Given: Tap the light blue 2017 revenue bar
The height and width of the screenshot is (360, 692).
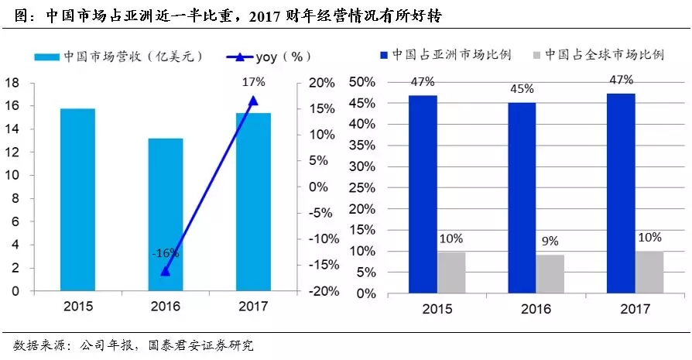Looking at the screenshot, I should coord(253,202).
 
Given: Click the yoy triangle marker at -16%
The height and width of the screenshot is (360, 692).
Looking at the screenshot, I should coord(166,270).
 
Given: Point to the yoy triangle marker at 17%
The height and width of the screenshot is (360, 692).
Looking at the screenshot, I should coord(253,101).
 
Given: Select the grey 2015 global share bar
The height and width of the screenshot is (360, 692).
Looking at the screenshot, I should coord(452,273).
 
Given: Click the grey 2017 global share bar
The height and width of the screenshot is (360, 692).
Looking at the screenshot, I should coord(649,273).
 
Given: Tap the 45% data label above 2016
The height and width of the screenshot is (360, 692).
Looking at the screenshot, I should coord(522,88).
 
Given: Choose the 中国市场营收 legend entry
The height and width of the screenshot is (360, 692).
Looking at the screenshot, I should coord(116,57).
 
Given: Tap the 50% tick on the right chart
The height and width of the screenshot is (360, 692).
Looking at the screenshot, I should coord(363,82).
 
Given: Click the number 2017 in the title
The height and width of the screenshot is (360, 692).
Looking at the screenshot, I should coord(269,15).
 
